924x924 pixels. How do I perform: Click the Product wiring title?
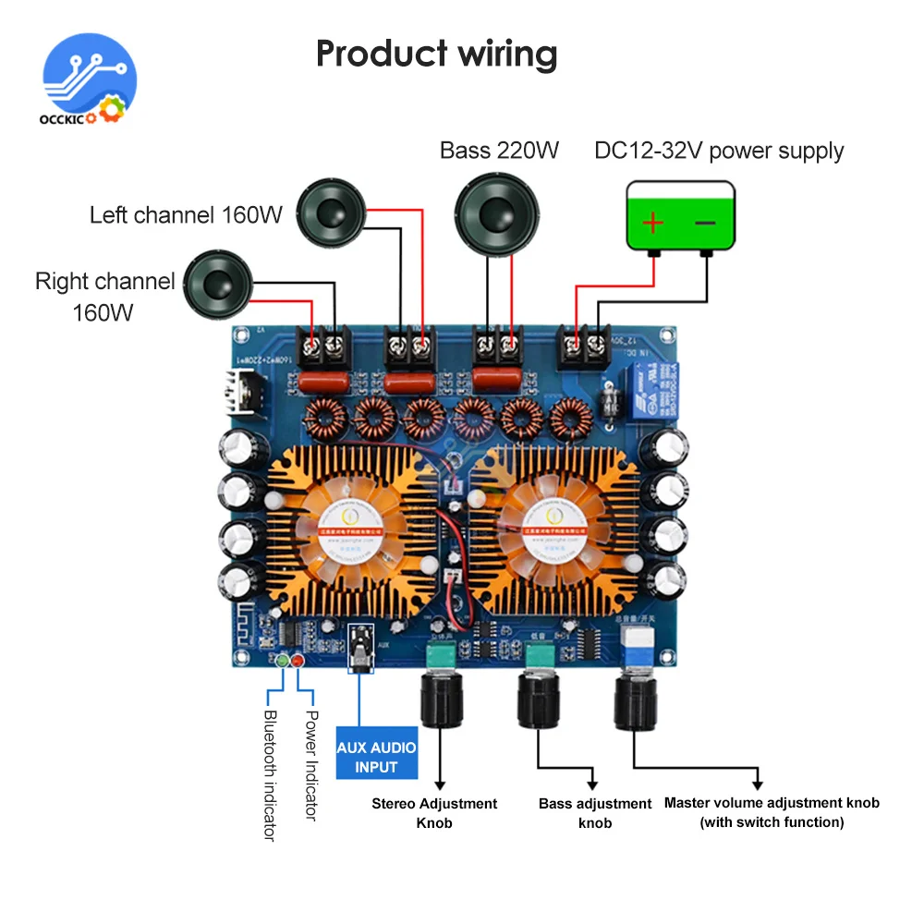[x=436, y=54]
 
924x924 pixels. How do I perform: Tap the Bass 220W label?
[x=499, y=150]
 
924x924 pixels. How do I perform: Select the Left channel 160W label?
[x=186, y=215]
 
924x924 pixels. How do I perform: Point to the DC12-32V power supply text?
[x=719, y=151]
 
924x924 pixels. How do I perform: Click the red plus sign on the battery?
[x=653, y=223]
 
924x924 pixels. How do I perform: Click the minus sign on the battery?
[x=705, y=223]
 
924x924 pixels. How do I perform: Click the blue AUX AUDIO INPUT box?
[x=376, y=757]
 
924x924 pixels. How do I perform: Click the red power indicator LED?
[x=298, y=660]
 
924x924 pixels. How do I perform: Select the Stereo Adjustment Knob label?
[x=434, y=812]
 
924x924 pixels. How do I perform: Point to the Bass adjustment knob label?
[x=595, y=812]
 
